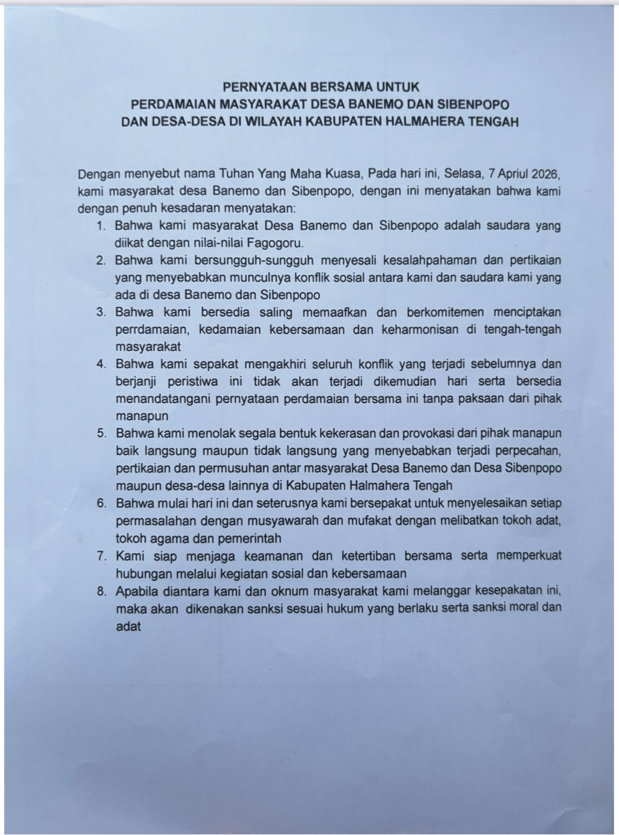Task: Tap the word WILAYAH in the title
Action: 274,121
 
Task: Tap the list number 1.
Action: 101,226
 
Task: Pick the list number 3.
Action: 101,312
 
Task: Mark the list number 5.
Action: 101,433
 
